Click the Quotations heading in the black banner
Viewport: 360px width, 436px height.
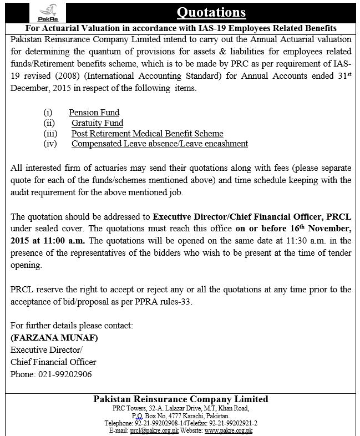[210, 12]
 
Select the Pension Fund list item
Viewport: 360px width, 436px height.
[94, 113]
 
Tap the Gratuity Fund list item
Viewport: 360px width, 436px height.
[97, 123]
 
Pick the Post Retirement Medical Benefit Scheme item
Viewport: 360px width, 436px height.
[147, 134]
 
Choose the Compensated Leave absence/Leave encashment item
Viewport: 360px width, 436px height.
[159, 144]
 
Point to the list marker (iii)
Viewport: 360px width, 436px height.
[50, 134]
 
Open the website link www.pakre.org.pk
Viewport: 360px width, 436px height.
[229, 430]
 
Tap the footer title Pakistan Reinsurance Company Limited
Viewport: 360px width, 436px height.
[181, 399]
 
